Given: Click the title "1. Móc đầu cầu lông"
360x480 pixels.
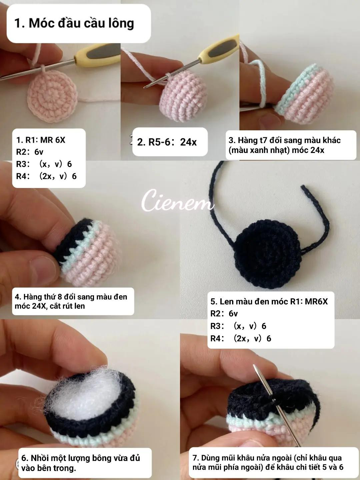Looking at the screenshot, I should (74, 23).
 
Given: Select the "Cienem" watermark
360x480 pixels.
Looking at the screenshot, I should (177, 200).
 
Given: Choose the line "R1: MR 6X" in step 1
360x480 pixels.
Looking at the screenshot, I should (41, 140).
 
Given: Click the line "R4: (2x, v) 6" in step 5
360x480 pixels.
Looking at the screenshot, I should (241, 339).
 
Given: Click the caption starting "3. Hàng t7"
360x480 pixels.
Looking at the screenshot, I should (285, 145).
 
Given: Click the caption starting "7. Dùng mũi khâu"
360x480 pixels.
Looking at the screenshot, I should (268, 462).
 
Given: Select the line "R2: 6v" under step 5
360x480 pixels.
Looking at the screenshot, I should (224, 314).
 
